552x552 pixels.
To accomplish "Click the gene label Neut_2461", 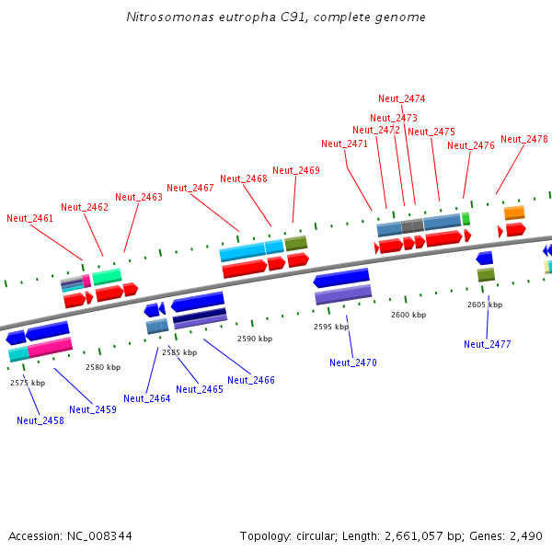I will click(29, 218).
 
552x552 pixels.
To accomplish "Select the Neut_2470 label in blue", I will click(353, 362).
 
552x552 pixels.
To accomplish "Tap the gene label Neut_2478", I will click(524, 140).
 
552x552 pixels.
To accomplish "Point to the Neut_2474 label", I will click(402, 98).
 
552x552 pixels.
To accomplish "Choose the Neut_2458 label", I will click(40, 420).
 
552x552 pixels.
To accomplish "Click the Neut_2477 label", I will click(488, 344).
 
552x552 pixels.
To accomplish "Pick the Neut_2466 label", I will click(251, 380).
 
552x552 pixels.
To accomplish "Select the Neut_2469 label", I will click(296, 170).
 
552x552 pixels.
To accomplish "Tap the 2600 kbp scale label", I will click(408, 315).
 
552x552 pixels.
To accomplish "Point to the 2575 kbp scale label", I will click(28, 382).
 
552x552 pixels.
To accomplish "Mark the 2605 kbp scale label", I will click(485, 304).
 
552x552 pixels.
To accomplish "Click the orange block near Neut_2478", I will click(514, 213).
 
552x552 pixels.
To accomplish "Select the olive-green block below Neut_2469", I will click(295, 244).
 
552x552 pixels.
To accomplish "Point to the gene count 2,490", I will click(525, 535).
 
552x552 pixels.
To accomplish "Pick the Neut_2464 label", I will click(147, 398).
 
